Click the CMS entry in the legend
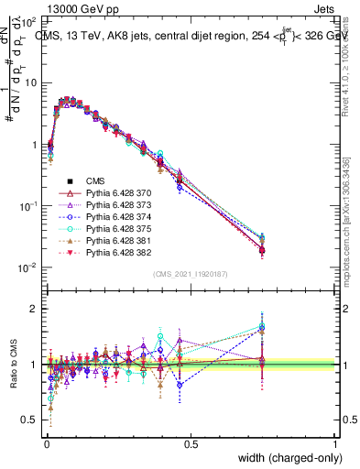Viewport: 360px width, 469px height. [97, 180]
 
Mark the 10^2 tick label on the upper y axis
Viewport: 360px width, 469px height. [27, 20]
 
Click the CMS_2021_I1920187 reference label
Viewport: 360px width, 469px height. [191, 274]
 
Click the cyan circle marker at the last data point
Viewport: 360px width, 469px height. [263, 236]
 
